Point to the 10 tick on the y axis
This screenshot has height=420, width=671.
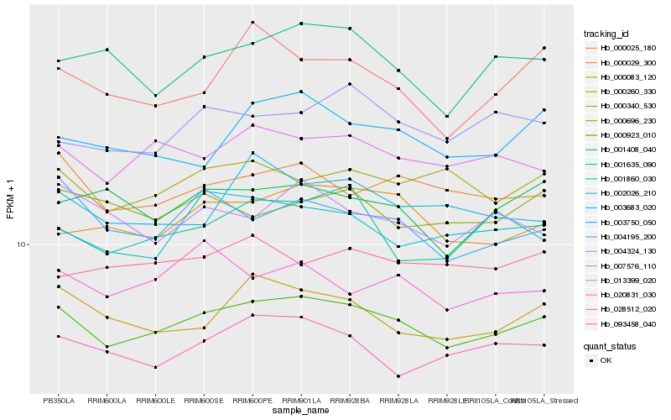point(22,244)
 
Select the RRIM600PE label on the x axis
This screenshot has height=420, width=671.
point(252,400)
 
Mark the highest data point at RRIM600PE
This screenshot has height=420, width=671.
point(252,22)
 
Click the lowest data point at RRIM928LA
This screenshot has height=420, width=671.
point(398,376)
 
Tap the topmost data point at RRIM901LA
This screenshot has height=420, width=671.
point(301,24)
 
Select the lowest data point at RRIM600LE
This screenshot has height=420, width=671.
point(155,367)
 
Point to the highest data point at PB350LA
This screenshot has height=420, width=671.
point(58,60)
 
